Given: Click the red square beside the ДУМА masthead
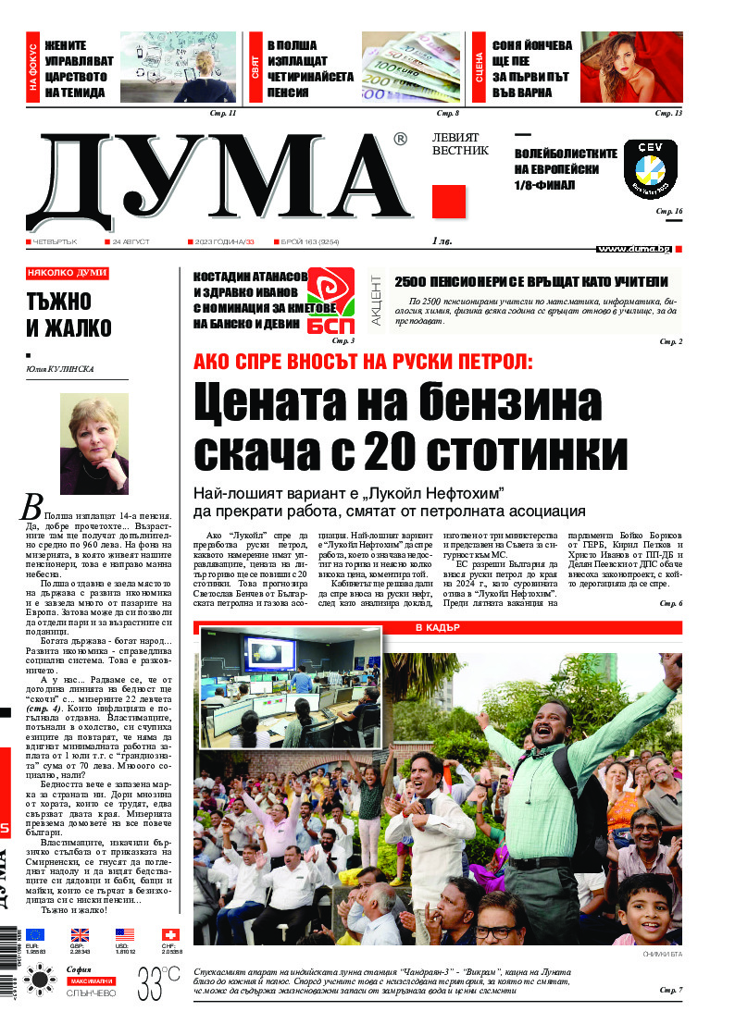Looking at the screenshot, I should (x=449, y=201).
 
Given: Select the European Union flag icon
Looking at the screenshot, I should (x=35, y=935).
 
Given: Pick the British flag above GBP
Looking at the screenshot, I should (x=81, y=935).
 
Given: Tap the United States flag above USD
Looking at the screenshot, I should (x=125, y=935).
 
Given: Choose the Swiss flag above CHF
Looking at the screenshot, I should (x=170, y=935).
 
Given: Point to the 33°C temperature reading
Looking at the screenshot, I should (x=158, y=980).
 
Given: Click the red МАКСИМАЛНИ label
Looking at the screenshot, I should (x=90, y=980).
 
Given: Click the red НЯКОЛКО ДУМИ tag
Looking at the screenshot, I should (x=68, y=274).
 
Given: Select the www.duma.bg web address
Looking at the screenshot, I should (x=634, y=249).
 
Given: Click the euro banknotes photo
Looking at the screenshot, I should (x=411, y=67).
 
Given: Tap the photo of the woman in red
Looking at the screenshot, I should (x=631, y=67).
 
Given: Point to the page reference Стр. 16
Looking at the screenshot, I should (x=668, y=212).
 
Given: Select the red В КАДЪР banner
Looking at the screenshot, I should (x=437, y=628).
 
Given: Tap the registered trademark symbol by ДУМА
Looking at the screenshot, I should (x=400, y=140).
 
